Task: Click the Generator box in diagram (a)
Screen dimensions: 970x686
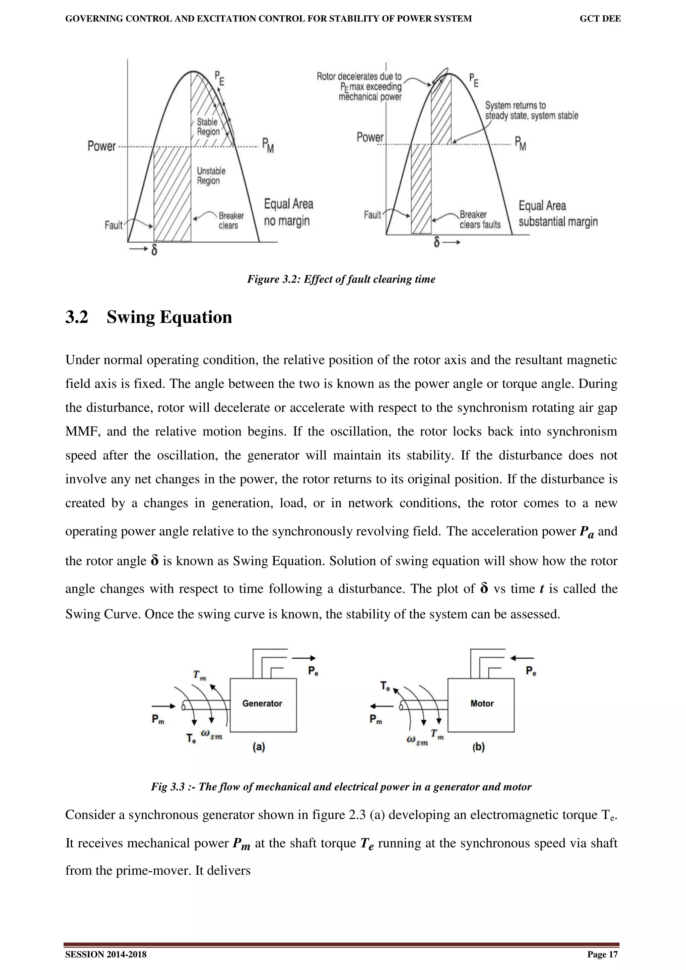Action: point(263,705)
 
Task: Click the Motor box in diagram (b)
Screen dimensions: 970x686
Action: point(481,705)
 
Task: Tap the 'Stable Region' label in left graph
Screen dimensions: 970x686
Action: point(208,127)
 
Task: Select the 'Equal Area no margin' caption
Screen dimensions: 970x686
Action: point(288,213)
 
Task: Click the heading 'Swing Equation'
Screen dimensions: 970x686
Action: point(169,317)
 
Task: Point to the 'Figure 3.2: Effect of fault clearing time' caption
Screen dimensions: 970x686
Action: point(341,279)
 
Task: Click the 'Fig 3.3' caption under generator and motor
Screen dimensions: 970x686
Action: point(341,787)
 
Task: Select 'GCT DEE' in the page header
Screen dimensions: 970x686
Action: point(600,19)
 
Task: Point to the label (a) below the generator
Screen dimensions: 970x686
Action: point(259,747)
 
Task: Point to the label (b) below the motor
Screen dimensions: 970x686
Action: point(478,747)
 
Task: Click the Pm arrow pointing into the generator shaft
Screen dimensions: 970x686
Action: point(163,706)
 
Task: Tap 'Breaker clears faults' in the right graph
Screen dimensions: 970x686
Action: point(480,220)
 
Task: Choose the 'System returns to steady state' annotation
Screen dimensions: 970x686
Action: point(531,110)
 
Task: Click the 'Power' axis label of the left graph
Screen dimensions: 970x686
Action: point(101,146)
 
